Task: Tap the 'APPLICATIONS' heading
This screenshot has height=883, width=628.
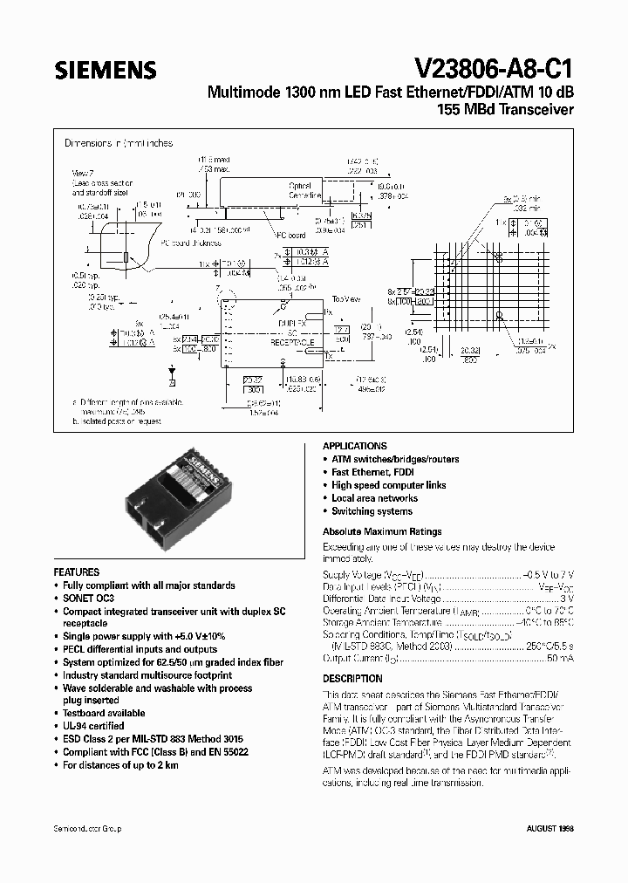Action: (354, 445)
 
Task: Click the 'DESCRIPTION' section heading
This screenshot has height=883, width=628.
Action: (352, 678)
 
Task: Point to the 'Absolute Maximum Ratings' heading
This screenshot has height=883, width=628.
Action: (382, 531)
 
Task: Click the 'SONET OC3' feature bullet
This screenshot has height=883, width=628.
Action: (89, 599)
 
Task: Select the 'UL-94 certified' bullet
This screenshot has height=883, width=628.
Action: (93, 725)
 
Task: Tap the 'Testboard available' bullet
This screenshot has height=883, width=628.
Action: (103, 713)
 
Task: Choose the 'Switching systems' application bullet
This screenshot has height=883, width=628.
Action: (372, 511)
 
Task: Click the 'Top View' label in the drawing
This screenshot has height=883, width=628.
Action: (345, 298)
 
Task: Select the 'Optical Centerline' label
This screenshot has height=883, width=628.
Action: (305, 190)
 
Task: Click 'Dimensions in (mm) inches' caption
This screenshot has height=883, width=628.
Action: (119, 143)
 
